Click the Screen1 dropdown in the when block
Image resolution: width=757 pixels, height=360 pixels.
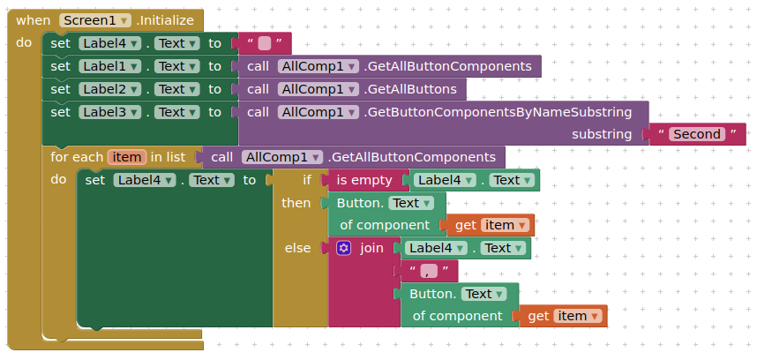pyautogui.click(x=95, y=20)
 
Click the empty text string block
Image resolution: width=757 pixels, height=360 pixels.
pyautogui.click(x=264, y=43)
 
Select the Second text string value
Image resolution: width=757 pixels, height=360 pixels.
pyautogui.click(x=697, y=134)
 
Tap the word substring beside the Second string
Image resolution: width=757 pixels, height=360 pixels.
pyautogui.click(x=602, y=134)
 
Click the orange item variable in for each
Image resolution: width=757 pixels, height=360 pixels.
pyautogui.click(x=127, y=157)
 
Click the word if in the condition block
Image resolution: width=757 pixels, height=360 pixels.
pyautogui.click(x=307, y=180)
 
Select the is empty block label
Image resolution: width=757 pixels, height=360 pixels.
pyautogui.click(x=364, y=180)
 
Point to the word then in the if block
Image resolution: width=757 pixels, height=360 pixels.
pyautogui.click(x=296, y=203)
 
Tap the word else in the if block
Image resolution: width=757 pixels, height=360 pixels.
pyautogui.click(x=297, y=248)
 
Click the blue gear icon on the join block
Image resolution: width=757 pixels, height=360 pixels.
pyautogui.click(x=344, y=248)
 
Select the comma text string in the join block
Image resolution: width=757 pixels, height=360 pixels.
pyautogui.click(x=430, y=271)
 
